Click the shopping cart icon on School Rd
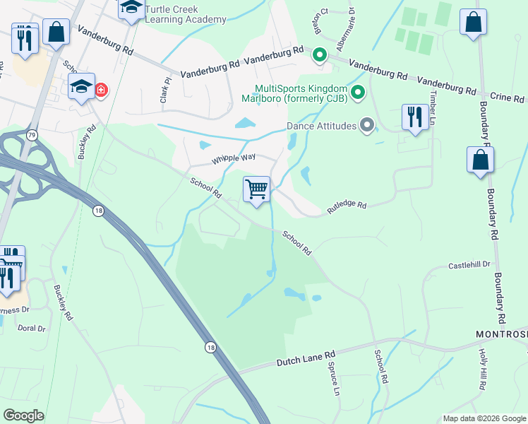coord(257,189)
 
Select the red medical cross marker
coord(101,90)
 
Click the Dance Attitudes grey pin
coord(366,126)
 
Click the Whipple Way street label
coord(233,160)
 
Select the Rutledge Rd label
coord(346,206)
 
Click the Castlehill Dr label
coord(469,265)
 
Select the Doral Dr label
coord(31,329)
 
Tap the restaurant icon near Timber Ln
coord(414,117)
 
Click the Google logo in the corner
coord(23,416)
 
